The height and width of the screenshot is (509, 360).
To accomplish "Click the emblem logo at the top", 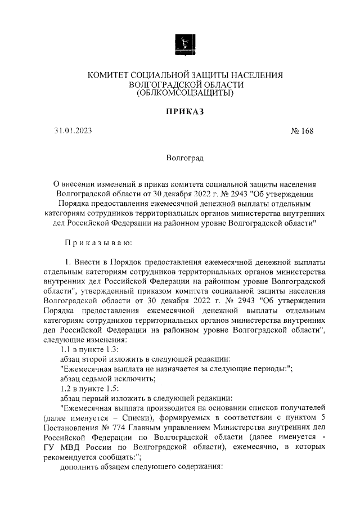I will coord(184,43).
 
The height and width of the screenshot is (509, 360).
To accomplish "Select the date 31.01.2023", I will coord(73,132).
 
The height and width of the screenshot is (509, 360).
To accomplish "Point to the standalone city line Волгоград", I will coord(184,159).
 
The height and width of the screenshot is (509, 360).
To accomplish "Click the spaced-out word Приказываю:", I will coord(98,242).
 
